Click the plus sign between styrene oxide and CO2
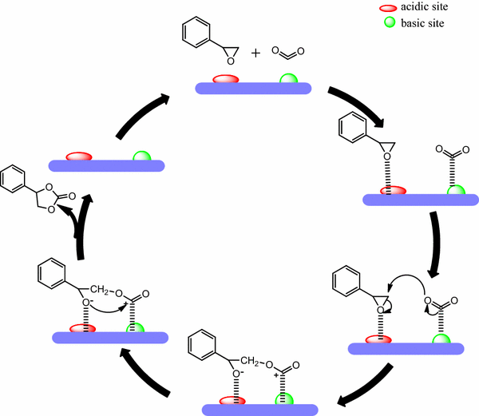tap(255, 53)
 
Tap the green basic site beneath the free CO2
tap(287, 79)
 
